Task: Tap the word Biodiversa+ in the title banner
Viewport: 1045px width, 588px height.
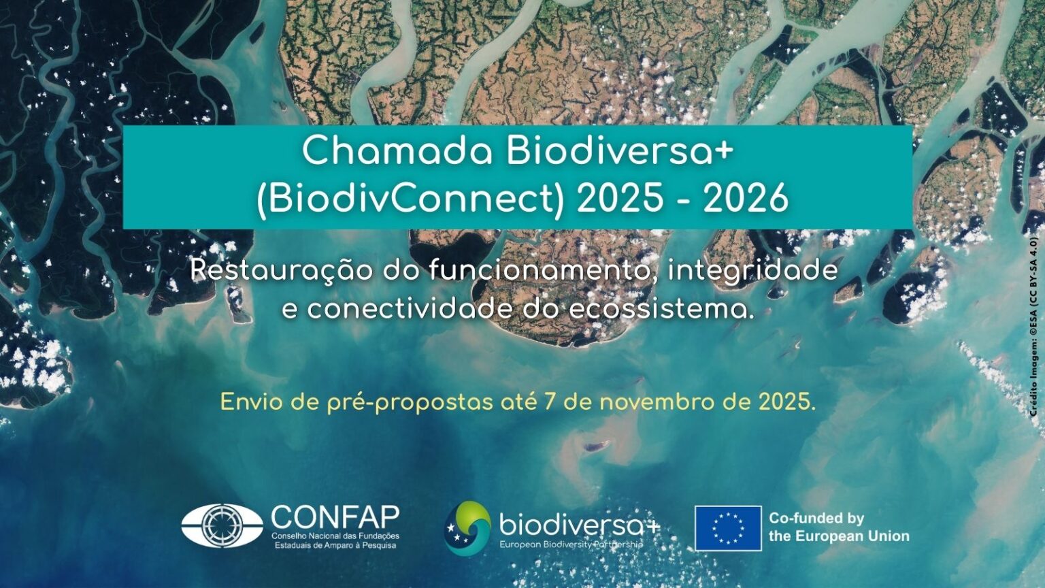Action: tap(619, 151)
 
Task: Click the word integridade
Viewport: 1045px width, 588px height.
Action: tap(752, 270)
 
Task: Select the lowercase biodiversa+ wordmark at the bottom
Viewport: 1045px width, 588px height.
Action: tap(579, 525)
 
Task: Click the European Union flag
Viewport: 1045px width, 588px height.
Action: tap(728, 528)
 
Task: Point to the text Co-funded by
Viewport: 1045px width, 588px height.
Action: tap(816, 518)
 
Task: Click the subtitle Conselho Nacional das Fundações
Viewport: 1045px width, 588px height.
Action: tap(335, 536)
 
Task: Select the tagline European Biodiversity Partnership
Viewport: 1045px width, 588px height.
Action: tap(571, 545)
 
